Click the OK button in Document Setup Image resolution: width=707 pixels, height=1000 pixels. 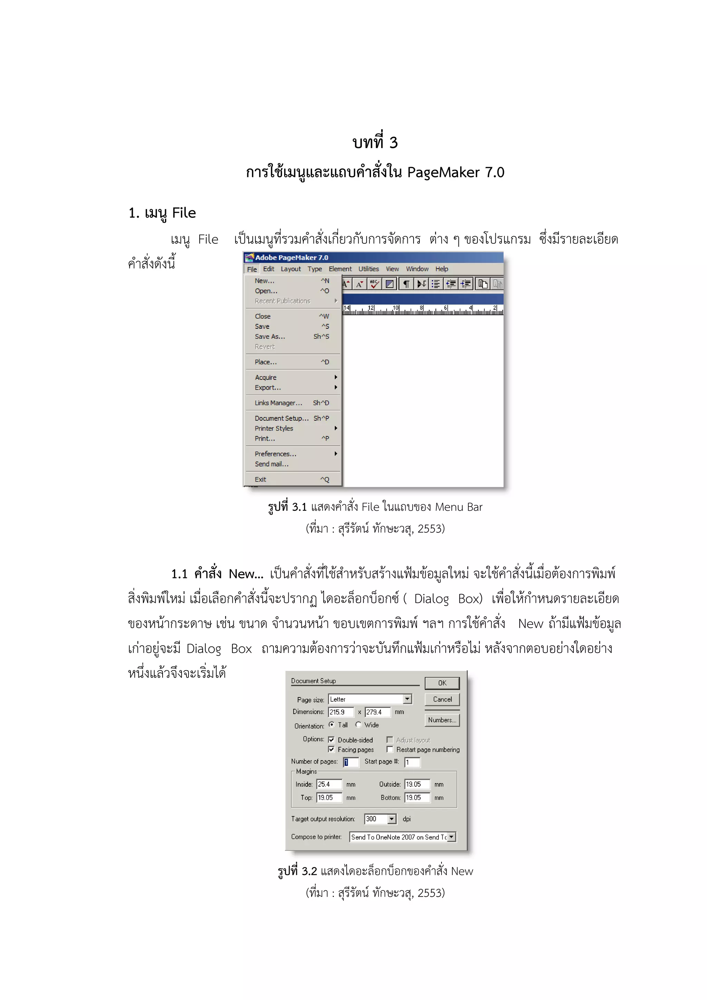pyautogui.click(x=442, y=683)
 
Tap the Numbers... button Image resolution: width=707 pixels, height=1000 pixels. pyautogui.click(x=442, y=720)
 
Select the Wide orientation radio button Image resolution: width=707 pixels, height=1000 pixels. pyautogui.click(x=358, y=725)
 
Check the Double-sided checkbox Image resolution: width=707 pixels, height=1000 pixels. pyautogui.click(x=332, y=740)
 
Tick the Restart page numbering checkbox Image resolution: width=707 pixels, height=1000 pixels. pyautogui.click(x=390, y=750)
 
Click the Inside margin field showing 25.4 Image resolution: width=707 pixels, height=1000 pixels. pyautogui.click(x=329, y=784)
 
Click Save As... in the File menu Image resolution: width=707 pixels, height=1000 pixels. pyautogui.click(x=270, y=337)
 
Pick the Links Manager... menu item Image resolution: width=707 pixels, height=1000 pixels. pyautogui.click(x=278, y=403)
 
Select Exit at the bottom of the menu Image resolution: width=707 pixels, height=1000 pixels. pyautogui.click(x=260, y=480)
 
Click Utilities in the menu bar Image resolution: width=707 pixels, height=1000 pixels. pyautogui.click(x=368, y=269)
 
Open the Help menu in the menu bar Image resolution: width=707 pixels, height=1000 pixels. pyautogui.click(x=442, y=269)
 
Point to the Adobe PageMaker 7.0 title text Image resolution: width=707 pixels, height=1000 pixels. pyautogui.click(x=291, y=257)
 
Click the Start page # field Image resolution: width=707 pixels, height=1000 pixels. pyautogui.click(x=412, y=762)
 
